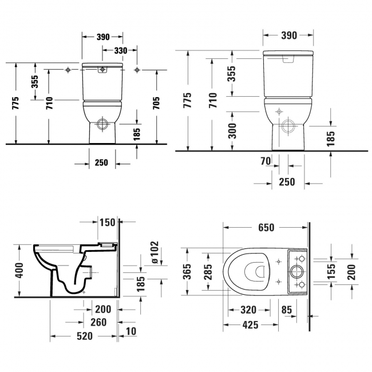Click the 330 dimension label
[x=120, y=50]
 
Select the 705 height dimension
[x=156, y=103]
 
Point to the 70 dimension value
[x=266, y=162]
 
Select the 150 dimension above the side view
[x=107, y=222]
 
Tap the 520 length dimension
[x=84, y=336]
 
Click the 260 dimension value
[x=99, y=322]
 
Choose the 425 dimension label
[x=250, y=324]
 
